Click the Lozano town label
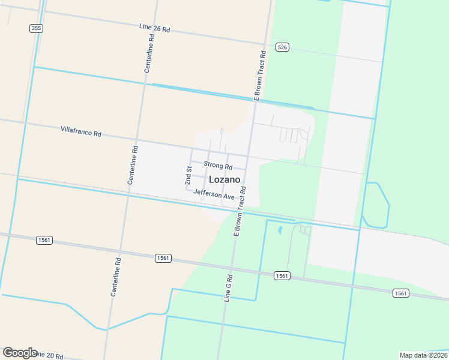tap(225, 179)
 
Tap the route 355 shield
tap(36, 28)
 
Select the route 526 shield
tap(282, 47)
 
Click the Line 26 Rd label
tap(155, 28)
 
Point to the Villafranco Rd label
tap(80, 131)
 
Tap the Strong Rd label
tap(218, 165)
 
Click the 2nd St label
tap(188, 176)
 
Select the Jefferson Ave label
tap(214, 195)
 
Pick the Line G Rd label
tap(228, 287)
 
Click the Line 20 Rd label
tap(49, 356)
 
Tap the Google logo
tap(19, 353)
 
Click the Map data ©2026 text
tap(423, 355)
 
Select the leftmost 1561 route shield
tap(44, 240)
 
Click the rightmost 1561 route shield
tap(402, 293)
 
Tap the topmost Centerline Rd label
tap(149, 53)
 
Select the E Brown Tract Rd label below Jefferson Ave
tap(240, 211)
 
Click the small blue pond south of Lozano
tap(280, 229)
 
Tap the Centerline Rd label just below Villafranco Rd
tap(133, 164)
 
